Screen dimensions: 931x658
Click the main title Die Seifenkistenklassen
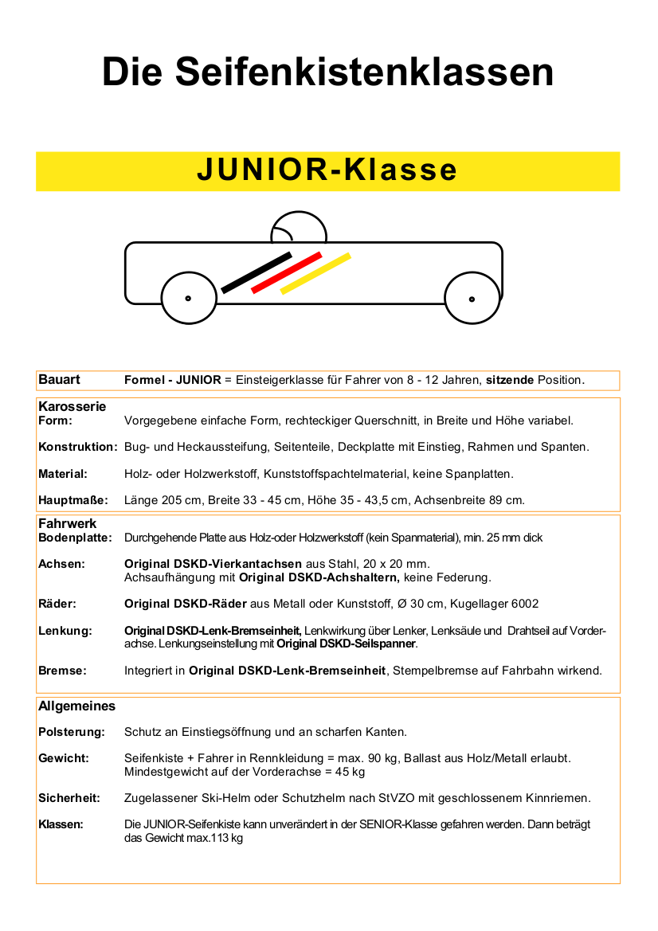pyautogui.click(x=327, y=72)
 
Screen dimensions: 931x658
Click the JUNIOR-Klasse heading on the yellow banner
pyautogui.click(x=327, y=170)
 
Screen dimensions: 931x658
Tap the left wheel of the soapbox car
pyautogui.click(x=189, y=299)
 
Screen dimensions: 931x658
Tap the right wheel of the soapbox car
pyautogui.click(x=472, y=299)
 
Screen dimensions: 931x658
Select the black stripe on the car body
pyautogui.click(x=257, y=272)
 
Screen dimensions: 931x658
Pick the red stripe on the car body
pyautogui.click(x=286, y=272)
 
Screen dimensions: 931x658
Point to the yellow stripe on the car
pyautogui.click(x=315, y=273)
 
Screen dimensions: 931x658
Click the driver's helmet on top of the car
pyautogui.click(x=299, y=229)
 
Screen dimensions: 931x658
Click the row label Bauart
pyautogui.click(x=59, y=380)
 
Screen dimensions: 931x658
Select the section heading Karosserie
pyautogui.click(x=72, y=406)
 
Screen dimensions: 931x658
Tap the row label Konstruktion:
pyautogui.click(x=78, y=447)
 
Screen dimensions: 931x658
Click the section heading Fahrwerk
pyautogui.click(x=68, y=523)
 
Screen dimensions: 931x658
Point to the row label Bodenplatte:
pyautogui.click(x=75, y=538)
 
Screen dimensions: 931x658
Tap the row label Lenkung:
pyautogui.click(x=65, y=631)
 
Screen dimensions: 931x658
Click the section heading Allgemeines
pyautogui.click(x=76, y=706)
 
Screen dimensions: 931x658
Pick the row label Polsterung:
pyautogui.click(x=72, y=731)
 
